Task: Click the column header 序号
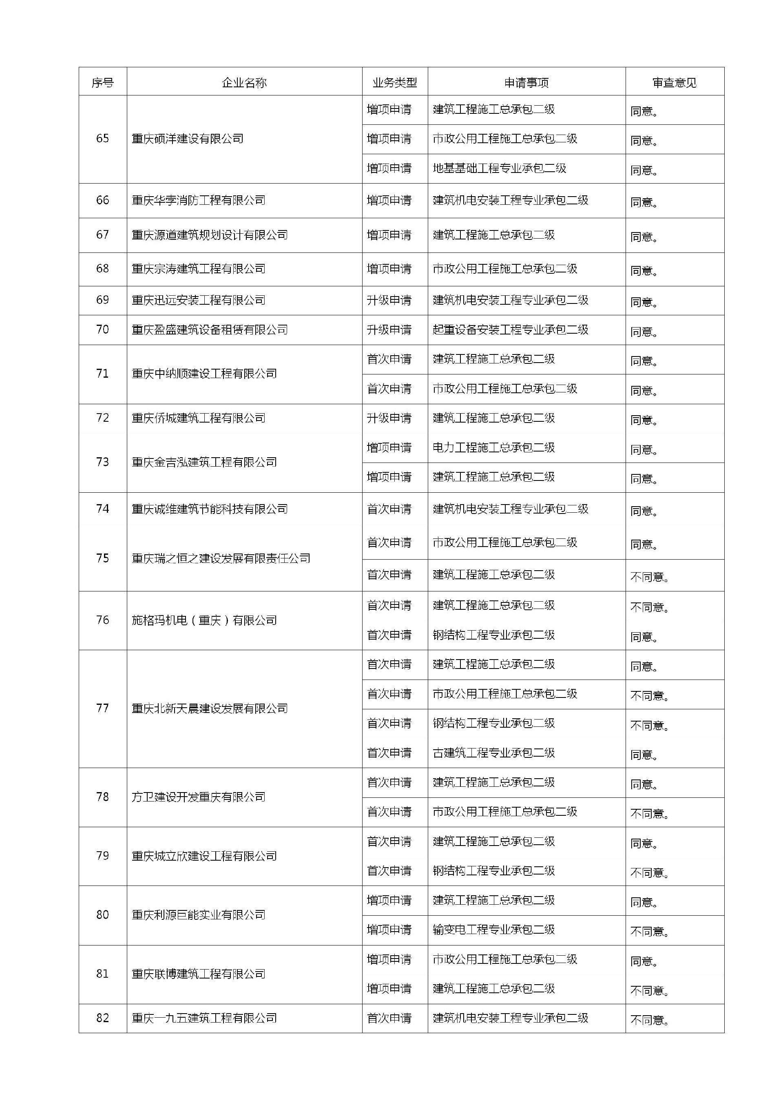pyautogui.click(x=103, y=83)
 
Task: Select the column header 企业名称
pyautogui.click(x=244, y=83)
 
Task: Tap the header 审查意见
pyautogui.click(x=674, y=83)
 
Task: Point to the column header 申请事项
pyautogui.click(x=526, y=83)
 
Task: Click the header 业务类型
pyautogui.click(x=394, y=83)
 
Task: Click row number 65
pyautogui.click(x=103, y=138)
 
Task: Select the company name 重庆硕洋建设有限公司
pyautogui.click(x=188, y=139)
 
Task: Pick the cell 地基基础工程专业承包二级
pyautogui.click(x=499, y=168)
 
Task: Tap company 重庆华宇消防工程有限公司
pyautogui.click(x=199, y=200)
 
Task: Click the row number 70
pyautogui.click(x=103, y=329)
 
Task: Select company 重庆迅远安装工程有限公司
pyautogui.click(x=199, y=300)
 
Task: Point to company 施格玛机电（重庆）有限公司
pyautogui.click(x=204, y=620)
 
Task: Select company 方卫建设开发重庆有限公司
pyautogui.click(x=199, y=797)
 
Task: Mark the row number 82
pyautogui.click(x=103, y=1018)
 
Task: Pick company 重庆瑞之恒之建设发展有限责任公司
pyautogui.click(x=221, y=558)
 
